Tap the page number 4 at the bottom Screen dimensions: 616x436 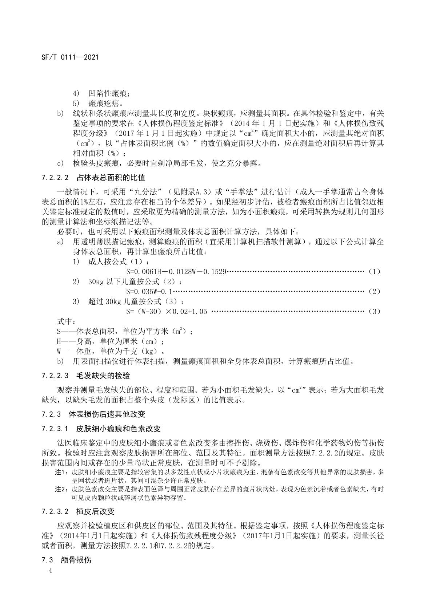tap(50, 571)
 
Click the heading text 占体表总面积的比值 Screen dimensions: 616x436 tap(111, 178)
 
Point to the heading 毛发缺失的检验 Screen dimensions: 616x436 tap(103, 376)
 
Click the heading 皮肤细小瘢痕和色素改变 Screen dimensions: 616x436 tap(119, 429)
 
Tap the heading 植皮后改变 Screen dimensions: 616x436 tap(95, 511)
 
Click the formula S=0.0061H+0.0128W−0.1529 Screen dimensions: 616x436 tap(176, 271)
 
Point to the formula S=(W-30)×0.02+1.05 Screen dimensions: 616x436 tap(167, 311)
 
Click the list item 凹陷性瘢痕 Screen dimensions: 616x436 tap(108, 94)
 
